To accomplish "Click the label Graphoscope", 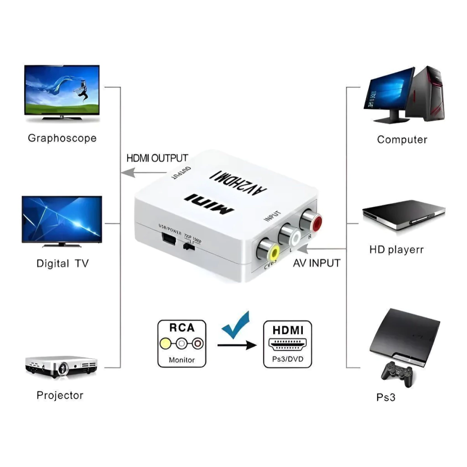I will pyautogui.click(x=62, y=138).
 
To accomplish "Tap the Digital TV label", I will pyautogui.click(x=62, y=264).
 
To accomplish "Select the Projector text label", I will pyautogui.click(x=60, y=395).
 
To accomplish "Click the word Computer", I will pyautogui.click(x=402, y=140).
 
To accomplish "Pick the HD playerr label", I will pyautogui.click(x=396, y=250).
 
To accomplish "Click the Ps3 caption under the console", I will pyautogui.click(x=386, y=397).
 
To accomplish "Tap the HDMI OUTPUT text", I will pyautogui.click(x=157, y=158).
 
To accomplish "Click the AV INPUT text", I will pyautogui.click(x=317, y=263).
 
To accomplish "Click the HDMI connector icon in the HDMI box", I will pyautogui.click(x=287, y=343).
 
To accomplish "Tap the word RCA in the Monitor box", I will pyautogui.click(x=182, y=327).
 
